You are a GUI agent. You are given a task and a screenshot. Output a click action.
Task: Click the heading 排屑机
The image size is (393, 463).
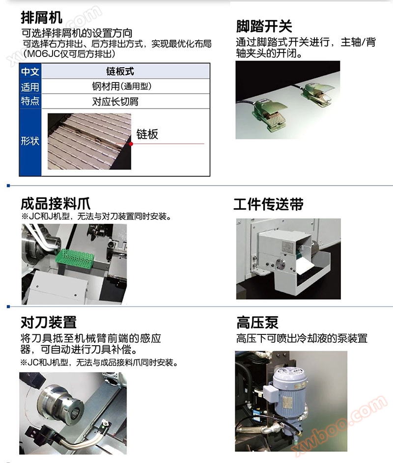click(41, 17)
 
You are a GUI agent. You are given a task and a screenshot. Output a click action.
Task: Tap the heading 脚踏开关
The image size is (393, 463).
click(264, 27)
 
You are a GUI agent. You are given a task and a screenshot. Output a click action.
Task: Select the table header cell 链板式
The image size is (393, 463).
click(120, 71)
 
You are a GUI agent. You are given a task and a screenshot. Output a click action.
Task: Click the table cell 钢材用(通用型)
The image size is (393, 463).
click(121, 86)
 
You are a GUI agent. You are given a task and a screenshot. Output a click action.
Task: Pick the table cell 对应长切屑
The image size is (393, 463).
click(115, 102)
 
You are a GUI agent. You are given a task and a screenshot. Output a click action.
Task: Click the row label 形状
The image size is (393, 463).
click(30, 141)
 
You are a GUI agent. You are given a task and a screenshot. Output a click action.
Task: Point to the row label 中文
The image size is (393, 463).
click(30, 72)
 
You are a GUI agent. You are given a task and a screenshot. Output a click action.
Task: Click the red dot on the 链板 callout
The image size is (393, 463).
click(131, 144)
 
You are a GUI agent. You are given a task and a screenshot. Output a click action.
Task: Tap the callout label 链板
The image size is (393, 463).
click(147, 134)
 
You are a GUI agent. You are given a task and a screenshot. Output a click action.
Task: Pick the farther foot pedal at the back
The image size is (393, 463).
click(317, 94)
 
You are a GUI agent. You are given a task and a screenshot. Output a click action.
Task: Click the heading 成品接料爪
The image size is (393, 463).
click(56, 204)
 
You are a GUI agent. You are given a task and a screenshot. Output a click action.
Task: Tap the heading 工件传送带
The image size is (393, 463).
click(268, 204)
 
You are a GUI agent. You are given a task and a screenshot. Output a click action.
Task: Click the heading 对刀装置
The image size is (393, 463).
click(49, 322)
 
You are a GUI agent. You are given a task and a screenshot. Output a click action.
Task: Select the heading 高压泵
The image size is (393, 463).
click(257, 322)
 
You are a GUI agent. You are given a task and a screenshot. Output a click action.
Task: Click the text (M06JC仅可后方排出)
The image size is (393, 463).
click(69, 54)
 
